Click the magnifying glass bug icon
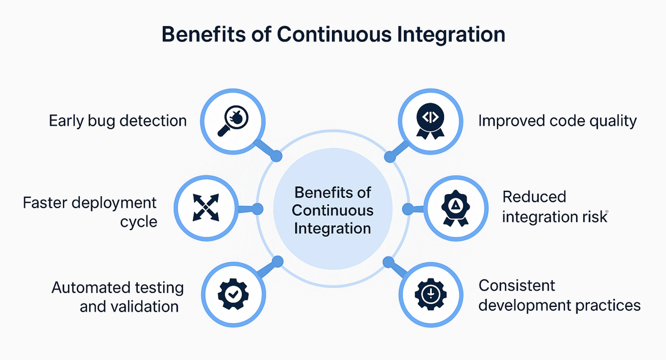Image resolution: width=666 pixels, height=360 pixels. [x=233, y=121]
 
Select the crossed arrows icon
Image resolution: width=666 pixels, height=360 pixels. [x=206, y=207]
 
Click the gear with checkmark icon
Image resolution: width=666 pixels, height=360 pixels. [x=233, y=294]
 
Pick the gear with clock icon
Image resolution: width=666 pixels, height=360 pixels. [x=431, y=294]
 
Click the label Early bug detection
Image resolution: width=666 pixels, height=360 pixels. [x=118, y=121]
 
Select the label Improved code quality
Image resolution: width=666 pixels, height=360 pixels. [x=557, y=121]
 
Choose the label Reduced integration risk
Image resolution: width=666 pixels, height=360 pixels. [x=555, y=207]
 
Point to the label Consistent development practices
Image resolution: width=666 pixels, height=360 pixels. [x=559, y=296]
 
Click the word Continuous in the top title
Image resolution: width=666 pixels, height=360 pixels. [x=334, y=35]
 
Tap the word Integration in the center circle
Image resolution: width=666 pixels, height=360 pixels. [x=332, y=228]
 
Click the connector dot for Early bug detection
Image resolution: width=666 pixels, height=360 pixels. [x=276, y=156]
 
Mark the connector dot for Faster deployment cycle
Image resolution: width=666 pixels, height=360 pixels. [x=257, y=209]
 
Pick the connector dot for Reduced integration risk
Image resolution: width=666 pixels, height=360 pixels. [x=408, y=209]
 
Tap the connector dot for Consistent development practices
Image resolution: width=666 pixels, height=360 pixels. [x=388, y=262]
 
